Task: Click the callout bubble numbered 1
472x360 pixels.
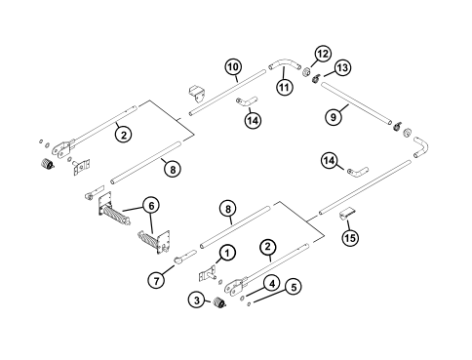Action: [225, 252]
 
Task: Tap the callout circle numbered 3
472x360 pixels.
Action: [199, 300]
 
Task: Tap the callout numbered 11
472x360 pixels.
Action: [286, 87]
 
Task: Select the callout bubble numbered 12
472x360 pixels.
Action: [322, 52]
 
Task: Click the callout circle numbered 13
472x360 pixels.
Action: [342, 66]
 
